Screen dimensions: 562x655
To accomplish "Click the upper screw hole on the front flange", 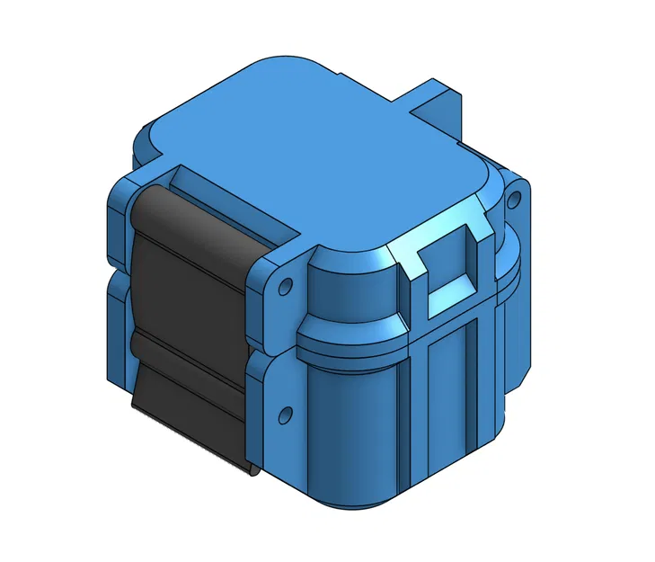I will tap(286, 288).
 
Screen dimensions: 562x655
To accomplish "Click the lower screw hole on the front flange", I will tap(286, 415).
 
